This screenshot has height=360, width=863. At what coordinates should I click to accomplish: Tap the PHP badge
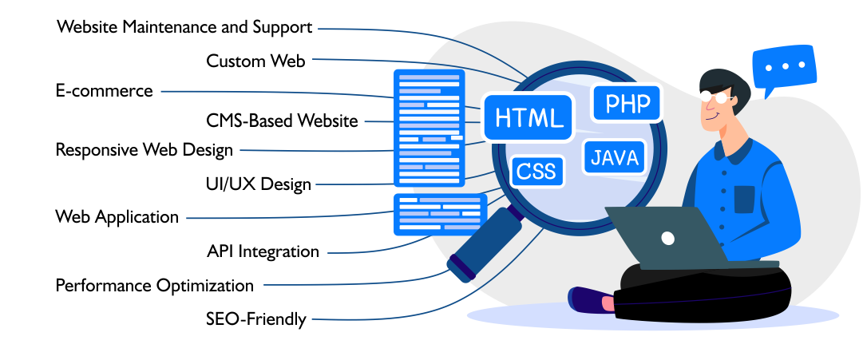pyautogui.click(x=627, y=104)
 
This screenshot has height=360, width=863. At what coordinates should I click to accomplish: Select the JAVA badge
pyautogui.click(x=615, y=157)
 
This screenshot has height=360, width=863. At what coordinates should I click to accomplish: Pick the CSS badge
pyautogui.click(x=537, y=170)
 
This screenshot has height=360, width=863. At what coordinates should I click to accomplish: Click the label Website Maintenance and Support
pyautogui.click(x=184, y=27)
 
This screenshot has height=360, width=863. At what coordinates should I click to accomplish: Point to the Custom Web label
pyautogui.click(x=255, y=61)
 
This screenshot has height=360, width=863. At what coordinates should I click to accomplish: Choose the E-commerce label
pyautogui.click(x=104, y=90)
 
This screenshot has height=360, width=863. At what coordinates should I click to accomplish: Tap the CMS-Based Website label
pyautogui.click(x=281, y=121)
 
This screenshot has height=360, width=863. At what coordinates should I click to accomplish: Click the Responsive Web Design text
pyautogui.click(x=144, y=149)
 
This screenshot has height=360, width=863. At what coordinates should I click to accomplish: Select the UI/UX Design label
pyautogui.click(x=258, y=184)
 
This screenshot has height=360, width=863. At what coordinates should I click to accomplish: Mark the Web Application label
pyautogui.click(x=117, y=216)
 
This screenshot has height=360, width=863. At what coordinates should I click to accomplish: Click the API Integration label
pyautogui.click(x=263, y=251)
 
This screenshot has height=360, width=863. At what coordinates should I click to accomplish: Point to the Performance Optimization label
pyautogui.click(x=154, y=285)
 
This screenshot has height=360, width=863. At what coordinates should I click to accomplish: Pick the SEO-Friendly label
pyautogui.click(x=256, y=319)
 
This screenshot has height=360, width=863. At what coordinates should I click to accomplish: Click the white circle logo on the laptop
pyautogui.click(x=667, y=237)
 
